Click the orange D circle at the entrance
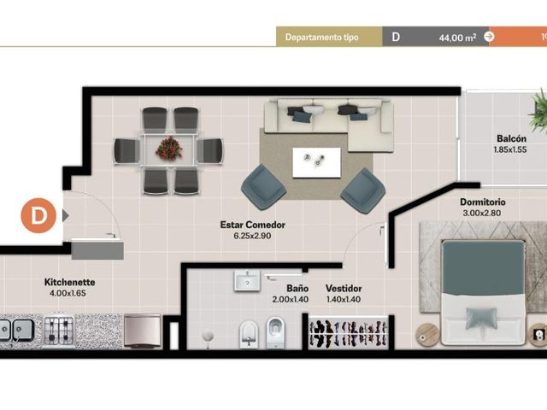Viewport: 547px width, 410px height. (x=38, y=215)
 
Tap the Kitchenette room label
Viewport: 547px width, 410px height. (x=69, y=282)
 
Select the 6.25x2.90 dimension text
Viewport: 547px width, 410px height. (x=252, y=236)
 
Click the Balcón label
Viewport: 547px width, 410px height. (x=511, y=138)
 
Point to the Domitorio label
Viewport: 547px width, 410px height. (x=482, y=202)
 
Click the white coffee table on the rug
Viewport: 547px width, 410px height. (x=316, y=162)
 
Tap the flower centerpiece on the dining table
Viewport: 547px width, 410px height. (x=169, y=148)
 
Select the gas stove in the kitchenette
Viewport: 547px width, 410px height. (x=59, y=331)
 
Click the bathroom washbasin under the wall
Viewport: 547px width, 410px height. (x=247, y=280)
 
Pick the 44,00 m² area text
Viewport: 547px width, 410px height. (x=457, y=38)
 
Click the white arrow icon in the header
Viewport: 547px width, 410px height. (x=489, y=36)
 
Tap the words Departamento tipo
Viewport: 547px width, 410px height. (x=321, y=38)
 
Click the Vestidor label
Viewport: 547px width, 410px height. (x=344, y=289)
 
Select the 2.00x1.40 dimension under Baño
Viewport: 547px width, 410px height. (x=291, y=299)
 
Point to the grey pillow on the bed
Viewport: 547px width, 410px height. (x=481, y=317)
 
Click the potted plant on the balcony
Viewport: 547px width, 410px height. (x=538, y=111)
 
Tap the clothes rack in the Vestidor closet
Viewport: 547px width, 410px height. (x=348, y=333)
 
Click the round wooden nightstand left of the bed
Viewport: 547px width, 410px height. (x=427, y=335)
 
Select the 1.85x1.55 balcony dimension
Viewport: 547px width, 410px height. (x=509, y=150)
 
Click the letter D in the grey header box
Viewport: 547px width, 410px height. (x=396, y=37)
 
